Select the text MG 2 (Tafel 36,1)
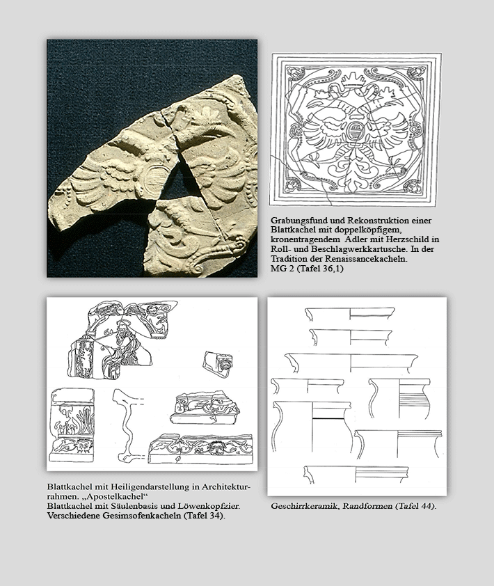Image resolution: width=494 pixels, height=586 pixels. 307,269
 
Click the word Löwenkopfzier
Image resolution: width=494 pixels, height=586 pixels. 213,507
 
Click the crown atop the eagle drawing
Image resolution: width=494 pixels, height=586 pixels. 353,79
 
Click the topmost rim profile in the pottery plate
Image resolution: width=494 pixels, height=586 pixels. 350,314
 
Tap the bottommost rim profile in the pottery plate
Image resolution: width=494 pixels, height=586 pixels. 356,475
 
